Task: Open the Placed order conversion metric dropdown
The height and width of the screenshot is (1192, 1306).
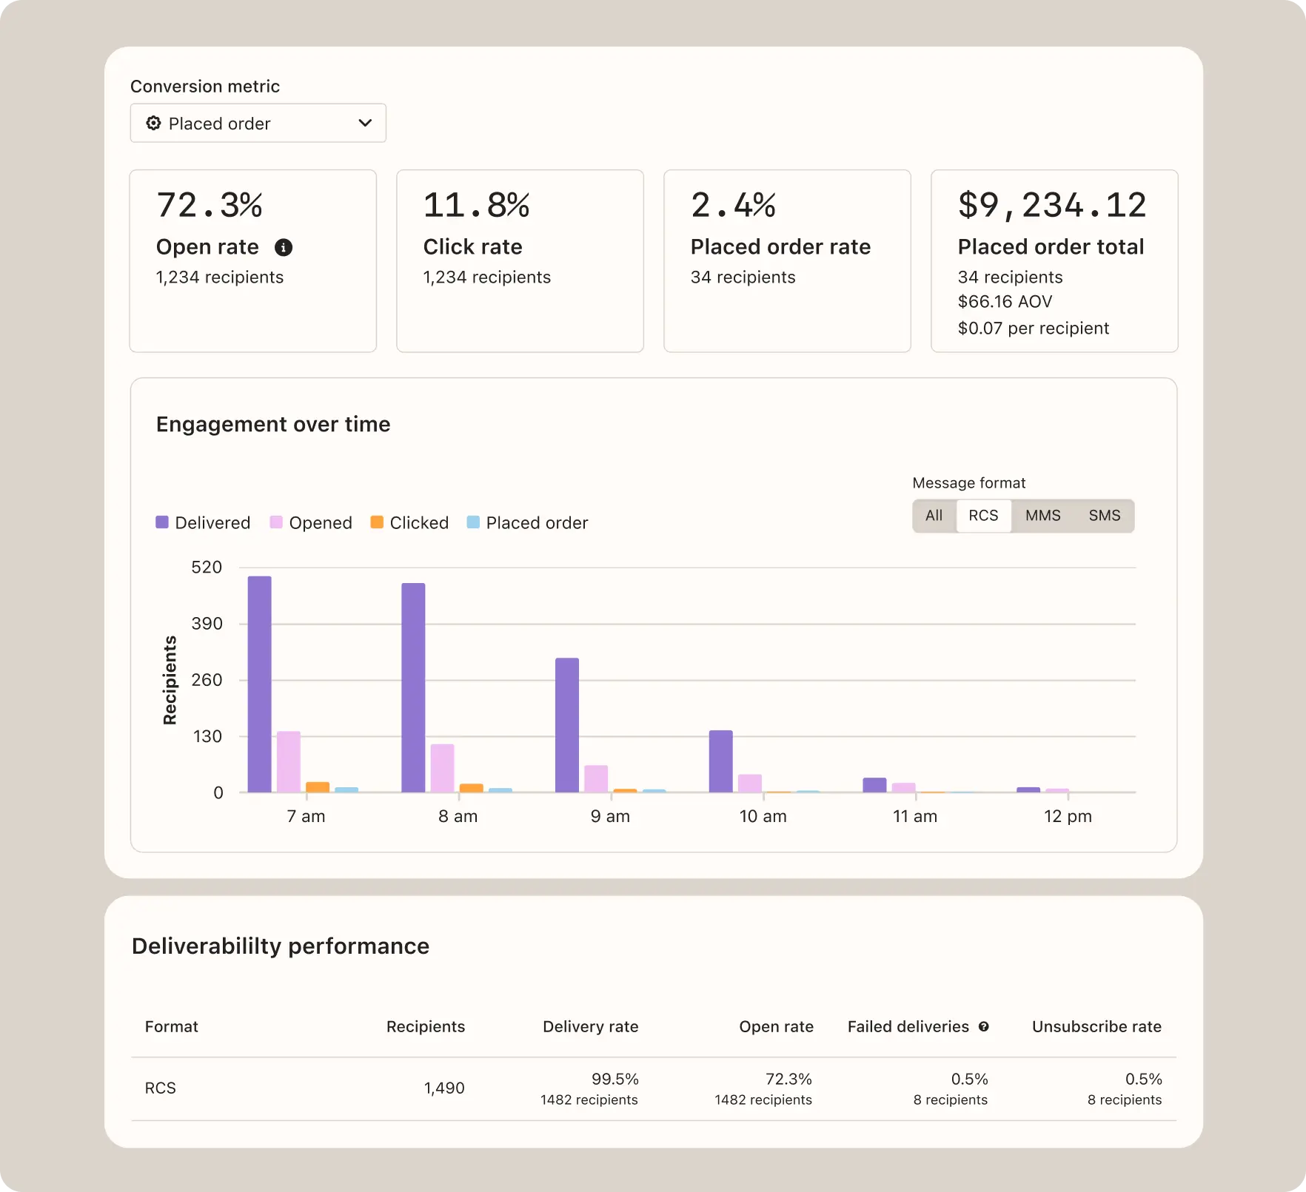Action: pos(258,123)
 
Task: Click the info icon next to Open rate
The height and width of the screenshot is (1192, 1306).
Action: pos(284,247)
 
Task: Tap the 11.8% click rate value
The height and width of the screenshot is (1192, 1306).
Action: pos(476,205)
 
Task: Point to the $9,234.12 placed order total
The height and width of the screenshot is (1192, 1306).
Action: pos(1051,205)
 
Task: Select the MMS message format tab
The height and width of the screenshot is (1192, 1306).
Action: pos(1042,516)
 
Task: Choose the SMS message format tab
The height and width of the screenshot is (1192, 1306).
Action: pos(1104,516)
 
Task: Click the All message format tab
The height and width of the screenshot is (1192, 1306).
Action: pos(934,516)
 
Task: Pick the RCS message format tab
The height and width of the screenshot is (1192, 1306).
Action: pos(983,516)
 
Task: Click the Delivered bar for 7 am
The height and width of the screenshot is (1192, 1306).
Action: pos(259,684)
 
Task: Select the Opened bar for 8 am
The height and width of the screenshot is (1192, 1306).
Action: pos(443,768)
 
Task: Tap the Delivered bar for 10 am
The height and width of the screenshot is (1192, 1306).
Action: pos(720,761)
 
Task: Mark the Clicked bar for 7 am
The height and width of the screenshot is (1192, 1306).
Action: pos(318,787)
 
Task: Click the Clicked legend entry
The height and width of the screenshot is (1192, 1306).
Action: pos(409,523)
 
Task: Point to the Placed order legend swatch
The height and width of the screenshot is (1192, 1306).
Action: pos(473,522)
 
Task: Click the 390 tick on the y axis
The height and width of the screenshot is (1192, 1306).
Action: pos(207,624)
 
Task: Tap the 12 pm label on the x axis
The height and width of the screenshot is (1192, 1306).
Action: pos(1067,816)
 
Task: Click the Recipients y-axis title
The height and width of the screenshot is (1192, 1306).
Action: pos(170,680)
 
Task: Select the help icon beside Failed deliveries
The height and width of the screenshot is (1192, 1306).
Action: pos(983,1027)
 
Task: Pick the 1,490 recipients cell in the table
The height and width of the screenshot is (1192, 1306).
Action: pos(443,1088)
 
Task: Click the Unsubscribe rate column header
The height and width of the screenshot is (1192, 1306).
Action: pos(1096,1027)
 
